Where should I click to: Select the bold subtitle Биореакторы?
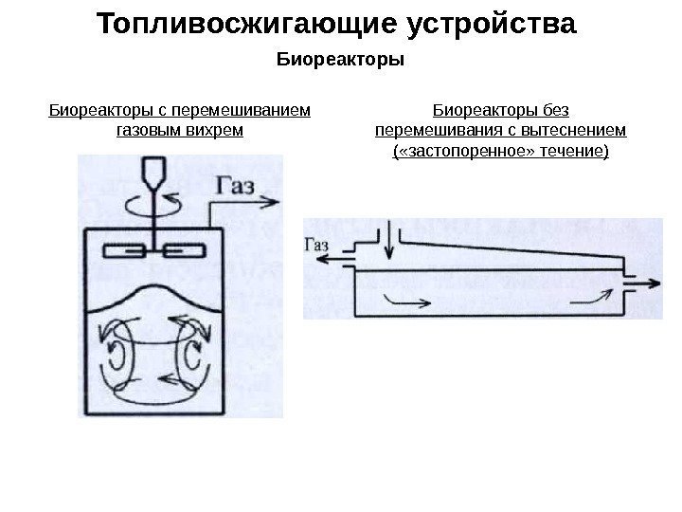tap(340, 61)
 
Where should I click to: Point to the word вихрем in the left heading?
tap(221, 128)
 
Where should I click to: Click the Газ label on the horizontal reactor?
tap(315, 244)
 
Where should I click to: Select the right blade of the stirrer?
tap(184, 251)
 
